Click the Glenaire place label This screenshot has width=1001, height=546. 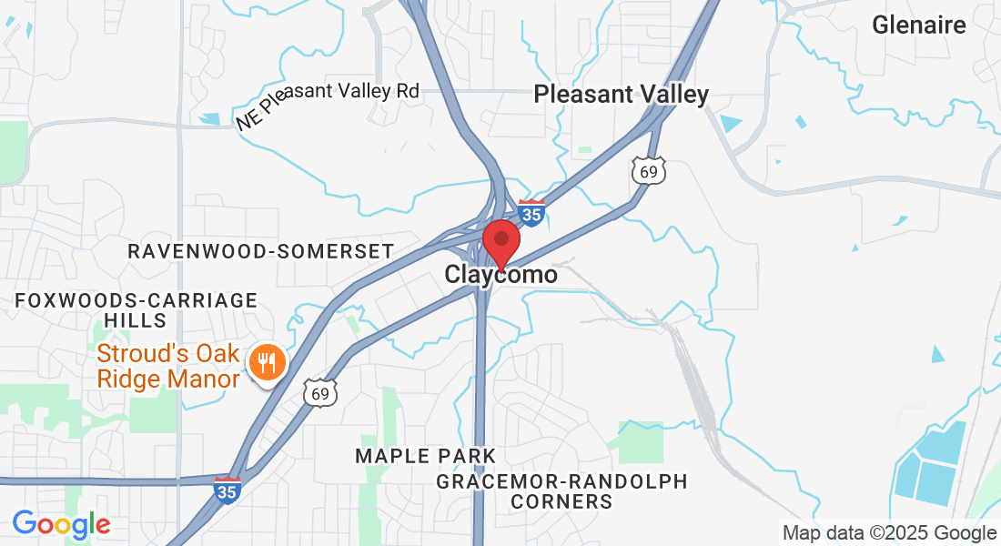918,25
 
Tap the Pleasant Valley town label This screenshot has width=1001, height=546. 621,94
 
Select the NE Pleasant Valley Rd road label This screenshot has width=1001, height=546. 328,102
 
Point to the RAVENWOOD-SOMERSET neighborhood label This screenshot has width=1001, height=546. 260,251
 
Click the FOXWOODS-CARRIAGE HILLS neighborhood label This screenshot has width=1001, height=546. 136,309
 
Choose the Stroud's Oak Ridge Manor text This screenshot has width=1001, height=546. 169,366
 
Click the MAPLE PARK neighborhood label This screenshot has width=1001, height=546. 426,455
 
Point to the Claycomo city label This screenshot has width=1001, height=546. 500,274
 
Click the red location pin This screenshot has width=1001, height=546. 500,240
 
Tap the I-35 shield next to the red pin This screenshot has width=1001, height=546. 531,213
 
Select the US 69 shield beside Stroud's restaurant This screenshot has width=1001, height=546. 321,392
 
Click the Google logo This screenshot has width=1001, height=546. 61,524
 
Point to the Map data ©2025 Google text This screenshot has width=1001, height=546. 889,533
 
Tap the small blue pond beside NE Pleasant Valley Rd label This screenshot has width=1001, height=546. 210,118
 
